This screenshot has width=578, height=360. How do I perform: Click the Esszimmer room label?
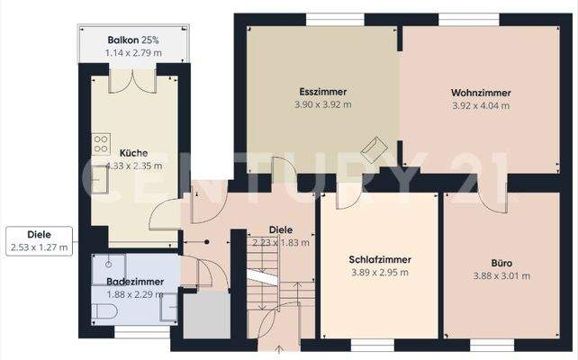323,92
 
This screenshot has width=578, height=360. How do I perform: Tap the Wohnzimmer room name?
481,93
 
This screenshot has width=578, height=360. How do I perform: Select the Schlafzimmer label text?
380,259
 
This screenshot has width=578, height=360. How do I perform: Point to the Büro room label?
501,263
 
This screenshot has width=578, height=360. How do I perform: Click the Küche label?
133,153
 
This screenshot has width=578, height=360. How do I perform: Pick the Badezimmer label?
135,282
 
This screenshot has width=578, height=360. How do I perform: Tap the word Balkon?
123,40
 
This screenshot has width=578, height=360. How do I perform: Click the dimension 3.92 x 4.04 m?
481,106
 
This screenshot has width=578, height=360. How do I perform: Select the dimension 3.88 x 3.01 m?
501,276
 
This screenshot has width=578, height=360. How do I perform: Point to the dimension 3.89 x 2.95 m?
380,273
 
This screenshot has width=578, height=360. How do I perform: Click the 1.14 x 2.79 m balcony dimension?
133,53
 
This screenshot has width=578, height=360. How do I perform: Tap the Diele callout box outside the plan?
39,241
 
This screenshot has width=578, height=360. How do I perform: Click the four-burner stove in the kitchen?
101,144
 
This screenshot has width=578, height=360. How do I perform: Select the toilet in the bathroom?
104,311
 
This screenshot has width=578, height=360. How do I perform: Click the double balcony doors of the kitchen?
132,81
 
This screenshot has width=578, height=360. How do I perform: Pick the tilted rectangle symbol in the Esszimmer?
374,148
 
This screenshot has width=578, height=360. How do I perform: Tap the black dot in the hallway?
207,242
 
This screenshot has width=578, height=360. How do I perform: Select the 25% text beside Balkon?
150,40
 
